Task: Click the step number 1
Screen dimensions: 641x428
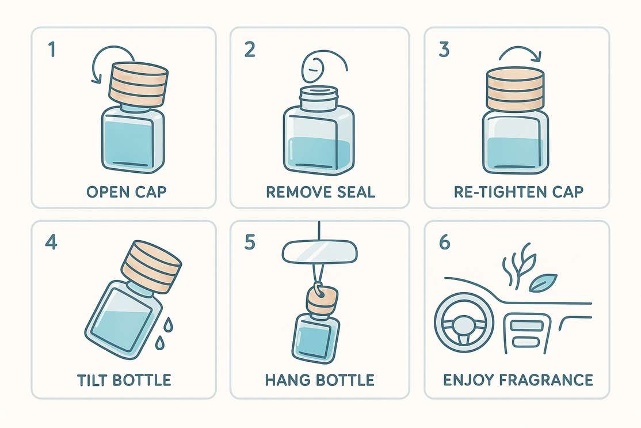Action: (52, 50)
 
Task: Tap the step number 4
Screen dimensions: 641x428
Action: (51, 242)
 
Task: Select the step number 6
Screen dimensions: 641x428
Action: (444, 242)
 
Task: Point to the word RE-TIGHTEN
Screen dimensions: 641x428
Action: (500, 191)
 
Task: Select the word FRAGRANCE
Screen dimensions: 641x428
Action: (546, 380)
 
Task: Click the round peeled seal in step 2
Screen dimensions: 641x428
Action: (313, 69)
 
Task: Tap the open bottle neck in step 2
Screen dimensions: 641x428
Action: (319, 99)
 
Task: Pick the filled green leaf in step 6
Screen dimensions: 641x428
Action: (542, 282)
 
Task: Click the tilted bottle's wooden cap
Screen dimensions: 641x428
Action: (151, 266)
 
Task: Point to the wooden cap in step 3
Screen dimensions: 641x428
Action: (515, 89)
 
